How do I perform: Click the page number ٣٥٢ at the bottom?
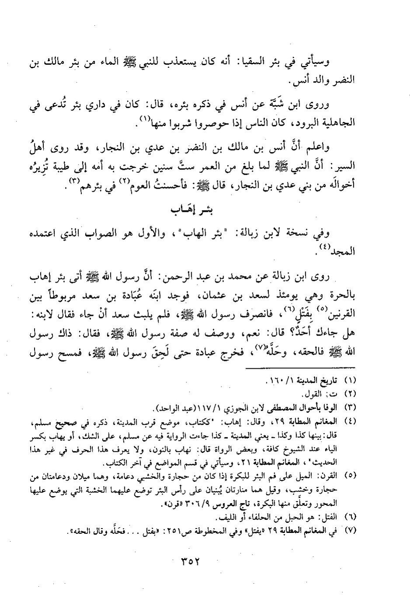click(x=189, y=561)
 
